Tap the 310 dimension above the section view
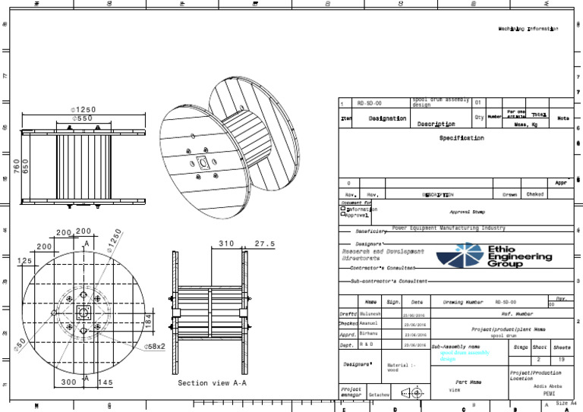pyautogui.click(x=226, y=244)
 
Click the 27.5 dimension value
pyautogui.click(x=265, y=244)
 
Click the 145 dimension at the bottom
pyautogui.click(x=106, y=382)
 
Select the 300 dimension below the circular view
pyautogui.click(x=68, y=382)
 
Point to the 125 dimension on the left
pyautogui.click(x=24, y=261)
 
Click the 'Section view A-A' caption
pyautogui.click(x=212, y=383)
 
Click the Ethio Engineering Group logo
pyautogui.click(x=504, y=256)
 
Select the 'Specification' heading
pyautogui.click(x=461, y=139)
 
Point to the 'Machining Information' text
pyautogui.click(x=528, y=29)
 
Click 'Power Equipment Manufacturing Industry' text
pyautogui.click(x=448, y=228)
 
